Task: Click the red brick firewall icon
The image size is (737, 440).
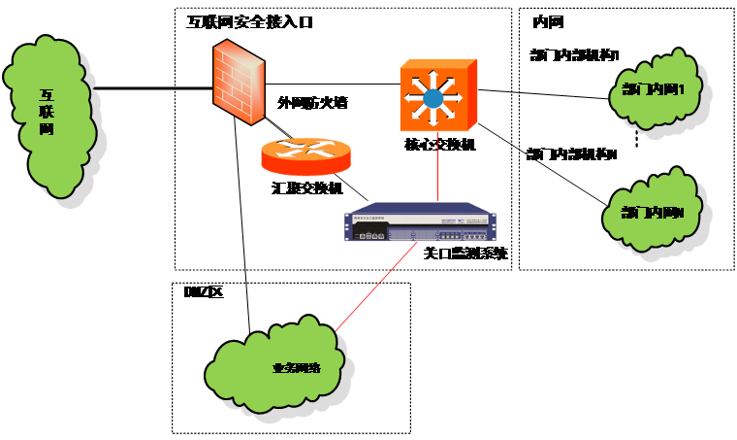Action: pos(237,86)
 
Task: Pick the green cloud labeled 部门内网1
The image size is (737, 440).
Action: pos(653,91)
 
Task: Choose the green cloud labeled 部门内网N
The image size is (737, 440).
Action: pos(651,212)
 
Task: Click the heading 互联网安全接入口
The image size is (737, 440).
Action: pos(250,21)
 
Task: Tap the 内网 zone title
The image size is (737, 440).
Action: pos(548,22)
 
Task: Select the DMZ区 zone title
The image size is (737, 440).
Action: pos(204,291)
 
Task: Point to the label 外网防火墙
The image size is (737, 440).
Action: pos(312,102)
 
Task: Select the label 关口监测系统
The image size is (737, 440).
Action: pos(465,254)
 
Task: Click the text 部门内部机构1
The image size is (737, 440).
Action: pos(575,54)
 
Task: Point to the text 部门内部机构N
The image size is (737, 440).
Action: pos(571,154)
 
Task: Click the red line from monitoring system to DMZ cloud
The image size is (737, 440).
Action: pos(368,291)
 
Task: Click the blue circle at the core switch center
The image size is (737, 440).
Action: pos(433,97)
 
